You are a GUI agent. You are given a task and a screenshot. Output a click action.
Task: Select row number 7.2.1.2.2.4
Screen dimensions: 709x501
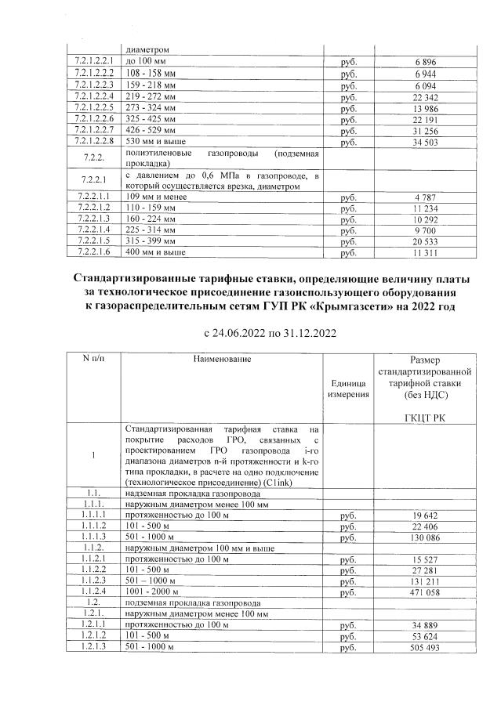point(93,95)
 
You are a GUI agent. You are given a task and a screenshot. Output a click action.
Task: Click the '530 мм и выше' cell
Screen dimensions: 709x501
point(155,142)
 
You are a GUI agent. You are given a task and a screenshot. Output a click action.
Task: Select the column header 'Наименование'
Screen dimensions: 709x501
point(223,359)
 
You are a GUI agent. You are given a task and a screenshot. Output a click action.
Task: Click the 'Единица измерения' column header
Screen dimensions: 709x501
point(348,389)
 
